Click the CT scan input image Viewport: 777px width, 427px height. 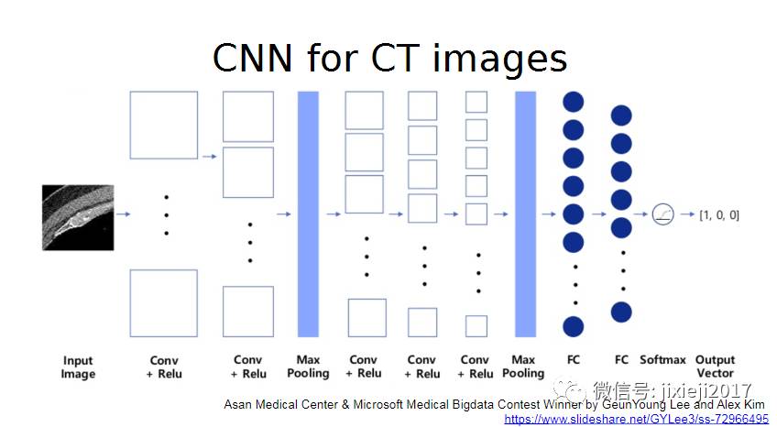pos(78,216)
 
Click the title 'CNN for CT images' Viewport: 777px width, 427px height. pos(389,58)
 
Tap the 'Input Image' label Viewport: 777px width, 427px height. pos(78,367)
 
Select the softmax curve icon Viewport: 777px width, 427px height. pos(662,215)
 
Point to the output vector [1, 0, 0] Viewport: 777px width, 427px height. pos(719,215)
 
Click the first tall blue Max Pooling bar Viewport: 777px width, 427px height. pos(308,214)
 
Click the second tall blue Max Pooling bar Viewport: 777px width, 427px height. pos(525,214)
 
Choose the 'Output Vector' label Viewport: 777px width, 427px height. pos(716,367)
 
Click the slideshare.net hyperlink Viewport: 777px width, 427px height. pos(636,419)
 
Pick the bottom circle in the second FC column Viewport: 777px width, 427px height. pos(621,312)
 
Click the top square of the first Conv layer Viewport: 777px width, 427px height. pos(164,125)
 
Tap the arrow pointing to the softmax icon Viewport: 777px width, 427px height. pos(642,215)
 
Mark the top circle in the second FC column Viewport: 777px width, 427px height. pos(621,115)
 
